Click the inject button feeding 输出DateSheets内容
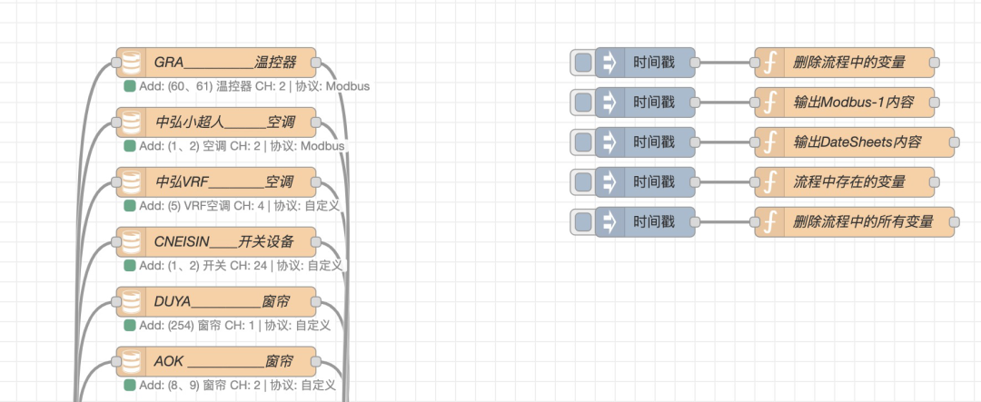click(x=583, y=142)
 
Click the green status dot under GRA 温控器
click(x=130, y=86)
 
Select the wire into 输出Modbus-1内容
click(x=724, y=103)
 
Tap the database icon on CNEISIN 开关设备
click(x=133, y=240)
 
